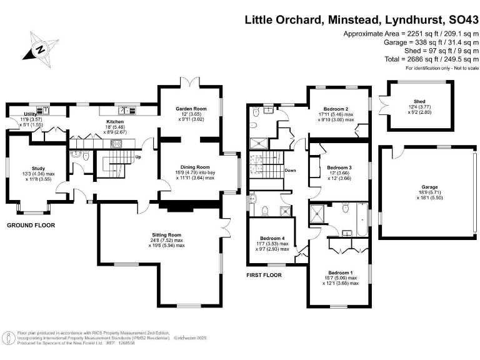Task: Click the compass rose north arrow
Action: pos(39,49)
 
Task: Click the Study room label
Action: pos(38,168)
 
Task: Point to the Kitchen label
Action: pos(115,121)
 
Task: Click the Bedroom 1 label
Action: pos(341,272)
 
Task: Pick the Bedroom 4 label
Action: pos(272,237)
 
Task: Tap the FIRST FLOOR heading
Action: pos(264,275)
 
